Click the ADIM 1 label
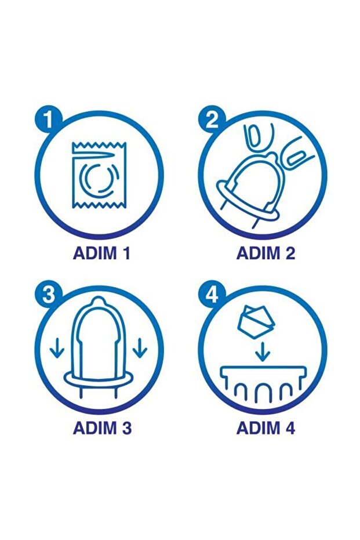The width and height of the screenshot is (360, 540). point(101,253)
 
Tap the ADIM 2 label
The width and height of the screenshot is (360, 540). point(266,253)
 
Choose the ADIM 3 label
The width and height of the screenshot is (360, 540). point(102,427)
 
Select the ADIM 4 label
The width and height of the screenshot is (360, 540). point(266,427)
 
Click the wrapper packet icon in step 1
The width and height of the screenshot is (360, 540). point(99,175)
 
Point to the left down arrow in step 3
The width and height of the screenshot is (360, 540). point(57,348)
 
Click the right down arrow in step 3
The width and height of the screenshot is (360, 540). point(140,348)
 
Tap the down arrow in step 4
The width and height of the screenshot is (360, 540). point(263,351)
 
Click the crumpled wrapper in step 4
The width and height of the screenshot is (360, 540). point(256,321)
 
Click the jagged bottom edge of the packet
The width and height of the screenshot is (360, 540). point(99,205)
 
